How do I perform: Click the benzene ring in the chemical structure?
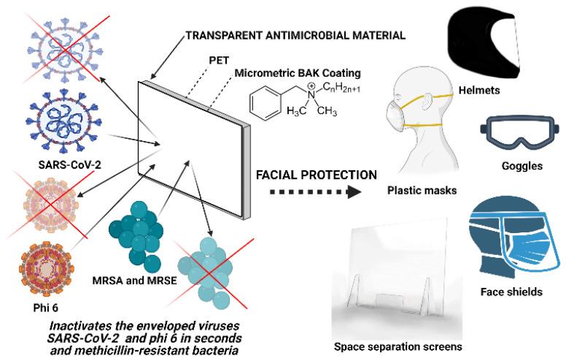[x=265, y=103]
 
